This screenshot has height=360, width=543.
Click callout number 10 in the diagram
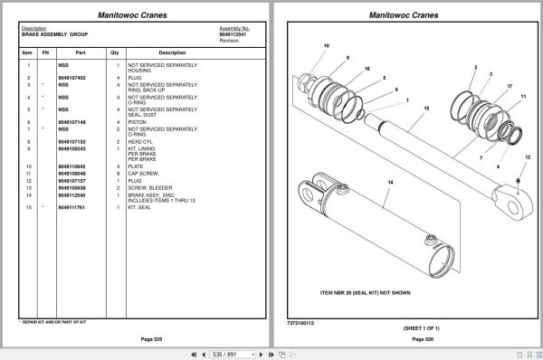point(327,45)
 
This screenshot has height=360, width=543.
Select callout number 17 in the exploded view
point(510,86)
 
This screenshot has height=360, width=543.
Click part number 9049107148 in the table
point(71,122)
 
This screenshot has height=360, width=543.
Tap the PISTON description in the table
point(137,122)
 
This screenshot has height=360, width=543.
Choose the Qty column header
point(114,52)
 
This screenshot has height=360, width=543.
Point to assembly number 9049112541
point(234,34)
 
